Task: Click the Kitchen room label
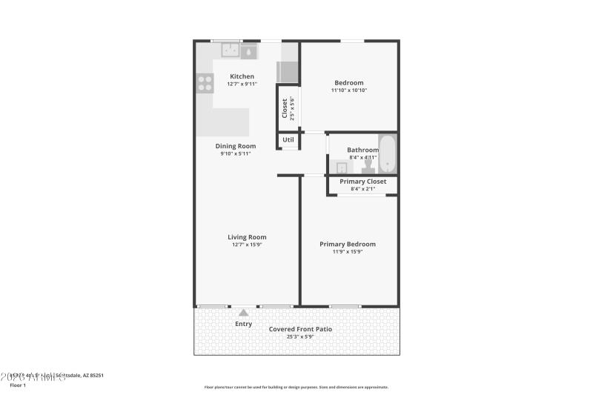tap(242, 76)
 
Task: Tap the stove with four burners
tap(205, 83)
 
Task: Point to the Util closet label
tap(288, 139)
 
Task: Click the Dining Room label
tap(236, 146)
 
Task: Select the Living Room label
tap(246, 237)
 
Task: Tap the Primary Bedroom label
tap(347, 244)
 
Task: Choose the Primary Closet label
tap(362, 182)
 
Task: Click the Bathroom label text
tap(362, 150)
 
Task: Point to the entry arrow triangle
tap(244, 313)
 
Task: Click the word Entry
tap(244, 324)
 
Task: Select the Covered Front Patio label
tap(300, 329)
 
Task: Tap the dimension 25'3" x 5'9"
tap(300, 337)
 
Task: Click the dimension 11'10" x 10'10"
tap(348, 90)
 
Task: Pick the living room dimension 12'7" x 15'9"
tap(246, 245)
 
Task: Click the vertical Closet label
tap(285, 108)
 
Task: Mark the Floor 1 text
tap(18, 385)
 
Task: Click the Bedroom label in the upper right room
tap(348, 82)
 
